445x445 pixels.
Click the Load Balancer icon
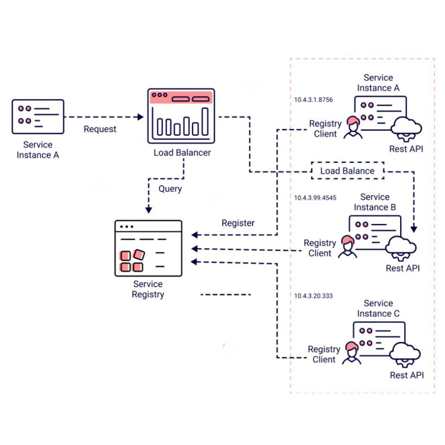point(181,116)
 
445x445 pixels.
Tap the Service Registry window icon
point(148,248)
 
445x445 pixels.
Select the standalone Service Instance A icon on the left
point(38,116)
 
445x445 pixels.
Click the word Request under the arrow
point(100,129)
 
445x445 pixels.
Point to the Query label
point(170,189)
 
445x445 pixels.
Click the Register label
point(238,223)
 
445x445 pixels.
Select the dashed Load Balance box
point(347,171)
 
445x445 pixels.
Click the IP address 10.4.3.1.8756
point(313,100)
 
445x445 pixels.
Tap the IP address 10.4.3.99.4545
point(315,198)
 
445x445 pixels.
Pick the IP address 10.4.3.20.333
point(313,296)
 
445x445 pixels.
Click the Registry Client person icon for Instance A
point(353,127)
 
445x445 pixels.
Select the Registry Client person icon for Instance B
point(348,247)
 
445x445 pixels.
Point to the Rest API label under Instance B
point(403,268)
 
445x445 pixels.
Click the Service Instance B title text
point(375,202)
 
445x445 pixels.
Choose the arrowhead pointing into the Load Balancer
point(141,117)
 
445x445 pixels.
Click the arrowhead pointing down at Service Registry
point(148,210)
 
